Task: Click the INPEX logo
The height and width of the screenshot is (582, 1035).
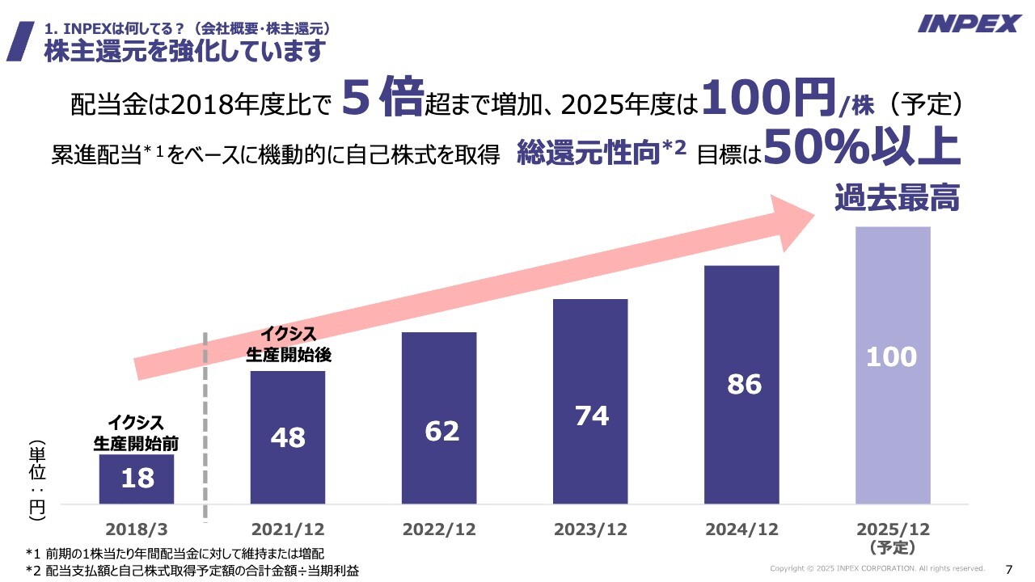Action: click(970, 23)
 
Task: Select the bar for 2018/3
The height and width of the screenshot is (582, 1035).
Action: click(137, 479)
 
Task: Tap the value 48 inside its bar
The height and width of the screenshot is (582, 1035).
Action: click(288, 437)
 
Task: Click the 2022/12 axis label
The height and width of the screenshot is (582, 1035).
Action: click(439, 529)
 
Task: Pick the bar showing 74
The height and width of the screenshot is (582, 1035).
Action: click(590, 401)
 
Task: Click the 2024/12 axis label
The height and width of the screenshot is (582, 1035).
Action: click(741, 529)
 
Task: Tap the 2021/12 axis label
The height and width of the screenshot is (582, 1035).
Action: click(288, 529)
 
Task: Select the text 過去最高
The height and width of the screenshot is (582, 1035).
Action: click(897, 197)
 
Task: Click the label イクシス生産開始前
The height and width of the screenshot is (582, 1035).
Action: click(136, 432)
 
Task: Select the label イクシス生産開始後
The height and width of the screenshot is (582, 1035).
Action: click(289, 344)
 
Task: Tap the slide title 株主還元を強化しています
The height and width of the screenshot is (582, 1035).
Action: click(184, 51)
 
